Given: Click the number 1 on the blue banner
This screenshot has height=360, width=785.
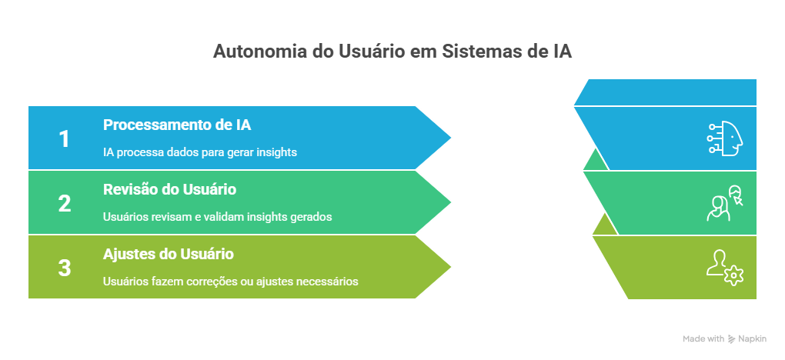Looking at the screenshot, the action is point(64,138).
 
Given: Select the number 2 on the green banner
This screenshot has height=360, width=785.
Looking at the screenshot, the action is point(65,203).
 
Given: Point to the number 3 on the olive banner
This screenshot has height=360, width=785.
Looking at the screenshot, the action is point(65,268).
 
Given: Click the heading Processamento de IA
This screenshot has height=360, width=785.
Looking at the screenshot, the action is point(177,125).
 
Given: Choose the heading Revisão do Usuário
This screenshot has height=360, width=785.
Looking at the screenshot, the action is point(170,190).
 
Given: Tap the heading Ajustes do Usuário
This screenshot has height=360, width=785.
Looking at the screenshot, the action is point(169,255).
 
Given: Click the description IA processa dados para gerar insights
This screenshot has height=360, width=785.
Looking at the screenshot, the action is point(200,152).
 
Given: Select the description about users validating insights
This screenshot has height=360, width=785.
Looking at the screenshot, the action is point(218,217).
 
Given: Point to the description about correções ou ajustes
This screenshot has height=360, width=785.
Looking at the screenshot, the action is point(230,282).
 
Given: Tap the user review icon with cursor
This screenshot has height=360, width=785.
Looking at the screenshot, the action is point(724,203).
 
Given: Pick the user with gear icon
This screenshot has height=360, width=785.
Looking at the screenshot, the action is point(724,268).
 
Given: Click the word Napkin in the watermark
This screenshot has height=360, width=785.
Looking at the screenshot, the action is point(752,339).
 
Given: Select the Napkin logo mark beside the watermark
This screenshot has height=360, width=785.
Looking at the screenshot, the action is point(731,339).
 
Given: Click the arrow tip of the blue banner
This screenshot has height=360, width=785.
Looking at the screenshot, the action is point(450,138).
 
